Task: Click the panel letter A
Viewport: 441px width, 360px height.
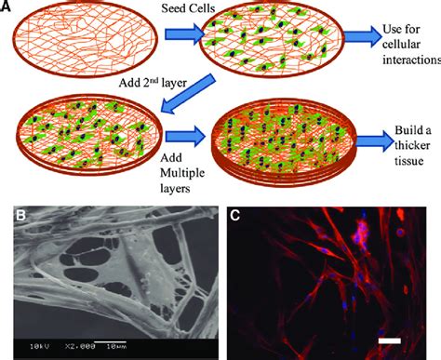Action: point(7,7)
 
